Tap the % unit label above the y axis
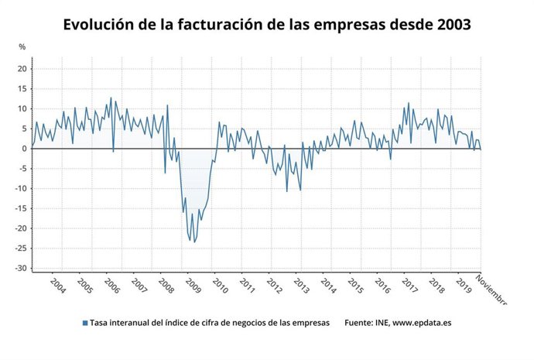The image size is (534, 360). tap(22, 47)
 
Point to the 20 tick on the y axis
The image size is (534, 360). tap(22, 69)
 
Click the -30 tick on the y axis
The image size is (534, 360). tap(21, 268)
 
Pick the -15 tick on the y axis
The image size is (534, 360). tap(21, 208)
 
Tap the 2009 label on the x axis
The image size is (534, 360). tap(193, 286)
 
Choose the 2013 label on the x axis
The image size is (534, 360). tap(301, 286)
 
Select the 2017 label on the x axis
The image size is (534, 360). tap(409, 286)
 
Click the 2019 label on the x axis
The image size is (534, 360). tap(464, 286)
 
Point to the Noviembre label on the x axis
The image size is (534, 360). tap(491, 290)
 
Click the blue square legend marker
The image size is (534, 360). tap(84, 323)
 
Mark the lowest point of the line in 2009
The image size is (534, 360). tap(194, 242)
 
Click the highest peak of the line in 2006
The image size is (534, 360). tap(111, 98)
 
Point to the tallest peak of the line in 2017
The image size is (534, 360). tap(409, 102)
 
